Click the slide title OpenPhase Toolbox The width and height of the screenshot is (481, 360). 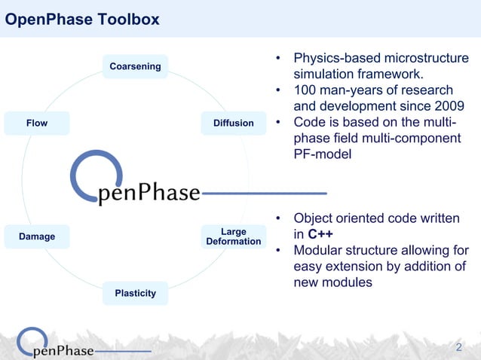point(82,20)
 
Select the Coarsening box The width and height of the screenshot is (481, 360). point(135,66)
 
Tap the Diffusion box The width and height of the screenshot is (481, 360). point(233,123)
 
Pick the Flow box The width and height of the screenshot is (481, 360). point(37,123)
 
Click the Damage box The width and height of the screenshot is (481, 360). point(37,236)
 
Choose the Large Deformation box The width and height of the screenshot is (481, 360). point(233,236)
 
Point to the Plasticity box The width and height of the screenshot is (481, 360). point(135,293)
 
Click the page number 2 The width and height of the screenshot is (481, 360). point(460,347)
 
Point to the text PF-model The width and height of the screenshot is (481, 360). point(323,154)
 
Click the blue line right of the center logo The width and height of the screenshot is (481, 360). point(264,194)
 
